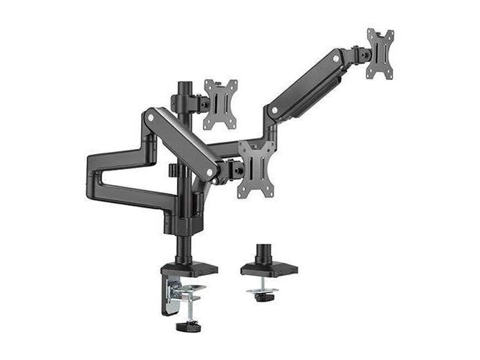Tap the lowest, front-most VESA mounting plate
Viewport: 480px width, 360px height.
tap(257, 168)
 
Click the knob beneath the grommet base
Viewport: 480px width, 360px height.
tap(264, 297)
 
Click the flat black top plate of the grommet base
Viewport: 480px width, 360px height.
tap(268, 270)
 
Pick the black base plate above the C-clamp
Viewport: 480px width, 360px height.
tap(189, 269)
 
